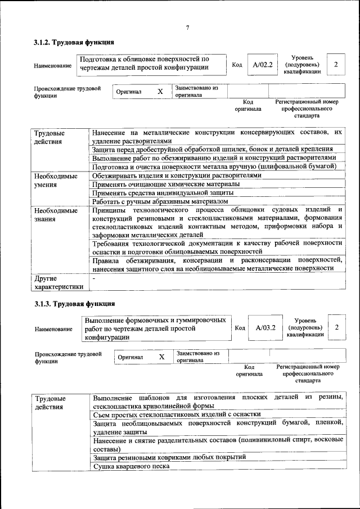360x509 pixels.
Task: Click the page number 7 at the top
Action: point(187,28)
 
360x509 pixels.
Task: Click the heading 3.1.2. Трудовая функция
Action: point(74,42)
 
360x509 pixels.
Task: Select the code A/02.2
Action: point(262,65)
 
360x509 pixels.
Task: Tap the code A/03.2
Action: point(265,327)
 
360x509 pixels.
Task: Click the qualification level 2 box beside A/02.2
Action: point(336,65)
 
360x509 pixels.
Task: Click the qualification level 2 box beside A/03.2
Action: point(337,327)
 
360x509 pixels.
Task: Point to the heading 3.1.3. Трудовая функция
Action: point(74,304)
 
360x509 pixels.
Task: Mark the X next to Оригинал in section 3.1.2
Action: point(160,91)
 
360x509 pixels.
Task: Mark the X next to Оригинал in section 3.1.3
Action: point(161,357)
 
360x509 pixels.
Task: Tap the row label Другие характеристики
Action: point(58,282)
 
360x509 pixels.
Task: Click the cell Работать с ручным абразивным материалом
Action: point(160,201)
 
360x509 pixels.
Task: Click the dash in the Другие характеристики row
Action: point(94,278)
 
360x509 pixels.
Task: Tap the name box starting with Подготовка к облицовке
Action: point(145,64)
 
